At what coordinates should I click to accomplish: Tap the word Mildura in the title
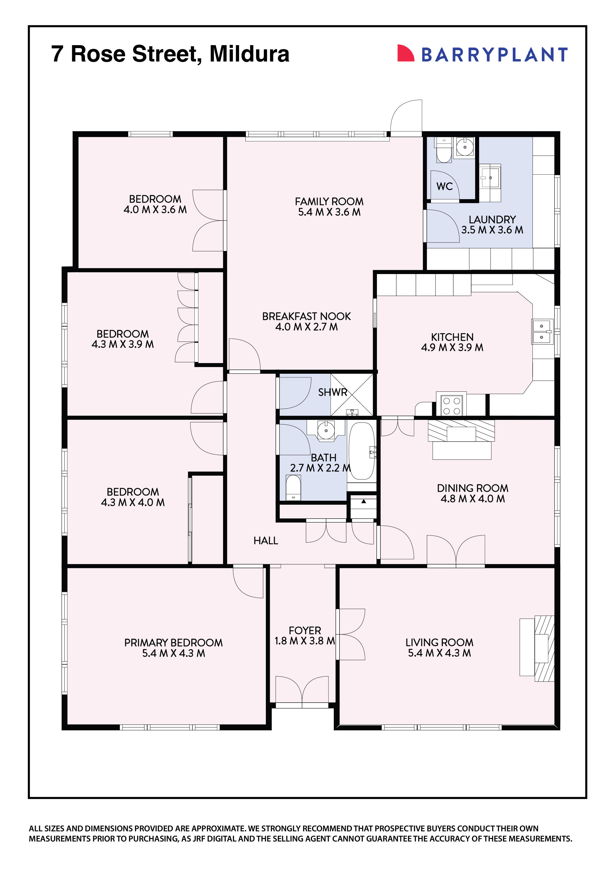[249, 54]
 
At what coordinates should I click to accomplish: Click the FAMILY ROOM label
[329, 202]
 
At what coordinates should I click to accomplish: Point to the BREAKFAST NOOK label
[306, 316]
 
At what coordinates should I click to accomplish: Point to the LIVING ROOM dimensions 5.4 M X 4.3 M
[439, 653]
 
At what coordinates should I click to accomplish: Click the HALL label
[266, 541]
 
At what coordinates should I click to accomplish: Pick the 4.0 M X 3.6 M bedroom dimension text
[155, 210]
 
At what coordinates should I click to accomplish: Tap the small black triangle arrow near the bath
[363, 501]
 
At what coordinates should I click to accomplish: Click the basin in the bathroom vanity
[326, 430]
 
